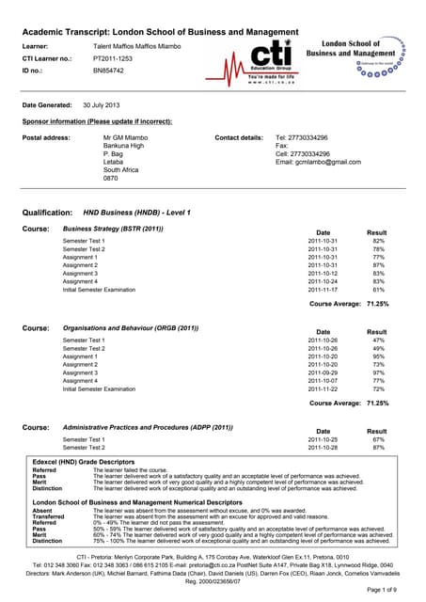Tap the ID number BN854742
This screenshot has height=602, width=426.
tap(109, 70)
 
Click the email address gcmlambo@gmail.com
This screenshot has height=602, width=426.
tap(318, 162)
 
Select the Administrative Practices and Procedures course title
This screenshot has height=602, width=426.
tap(147, 426)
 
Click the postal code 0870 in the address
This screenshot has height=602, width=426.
tap(111, 178)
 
